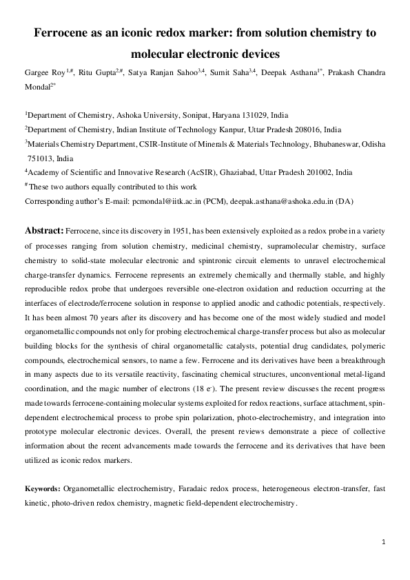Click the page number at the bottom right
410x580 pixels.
click(382, 543)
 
